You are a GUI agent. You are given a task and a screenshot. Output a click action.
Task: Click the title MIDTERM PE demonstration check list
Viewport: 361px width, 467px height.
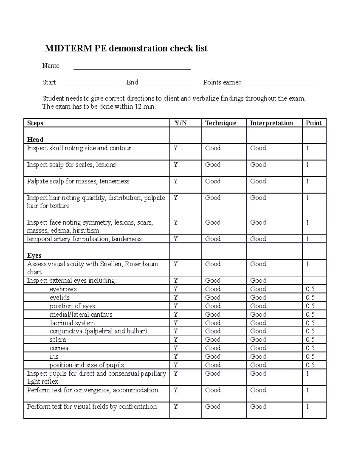pyautogui.click(x=126, y=48)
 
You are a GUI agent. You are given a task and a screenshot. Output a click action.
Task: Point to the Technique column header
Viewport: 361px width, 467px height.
pyautogui.click(x=221, y=123)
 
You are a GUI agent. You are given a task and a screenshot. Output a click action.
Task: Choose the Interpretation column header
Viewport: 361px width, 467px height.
pyautogui.click(x=271, y=123)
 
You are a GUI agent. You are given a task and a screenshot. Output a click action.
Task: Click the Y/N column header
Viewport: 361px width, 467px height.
pyautogui.click(x=181, y=123)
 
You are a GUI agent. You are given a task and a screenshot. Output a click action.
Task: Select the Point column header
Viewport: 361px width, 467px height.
pyautogui.click(x=313, y=123)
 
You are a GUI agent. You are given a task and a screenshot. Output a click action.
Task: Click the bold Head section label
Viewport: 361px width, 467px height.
pyautogui.click(x=35, y=140)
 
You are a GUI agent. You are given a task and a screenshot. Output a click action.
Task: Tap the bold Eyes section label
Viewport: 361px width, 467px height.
pyautogui.click(x=34, y=256)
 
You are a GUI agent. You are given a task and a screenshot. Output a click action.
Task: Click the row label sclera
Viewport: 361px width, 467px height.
pyautogui.click(x=58, y=340)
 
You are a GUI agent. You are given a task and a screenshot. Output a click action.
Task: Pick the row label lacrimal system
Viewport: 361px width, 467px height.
pyautogui.click(x=72, y=323)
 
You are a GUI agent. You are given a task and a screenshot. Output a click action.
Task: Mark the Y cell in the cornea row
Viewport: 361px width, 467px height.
pyautogui.click(x=176, y=348)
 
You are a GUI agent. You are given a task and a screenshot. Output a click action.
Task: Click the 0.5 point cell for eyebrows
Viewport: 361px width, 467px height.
pyautogui.click(x=310, y=289)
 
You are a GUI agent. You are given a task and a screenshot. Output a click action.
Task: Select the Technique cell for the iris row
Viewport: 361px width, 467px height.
pyautogui.click(x=213, y=357)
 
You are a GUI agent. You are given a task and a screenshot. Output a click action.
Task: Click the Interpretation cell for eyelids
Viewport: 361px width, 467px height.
pyautogui.click(x=258, y=298)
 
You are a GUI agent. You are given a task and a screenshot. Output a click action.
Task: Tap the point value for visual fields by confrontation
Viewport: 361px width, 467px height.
pyautogui.click(x=308, y=407)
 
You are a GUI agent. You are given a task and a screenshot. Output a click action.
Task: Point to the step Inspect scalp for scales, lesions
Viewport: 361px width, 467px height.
pyautogui.click(x=71, y=165)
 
